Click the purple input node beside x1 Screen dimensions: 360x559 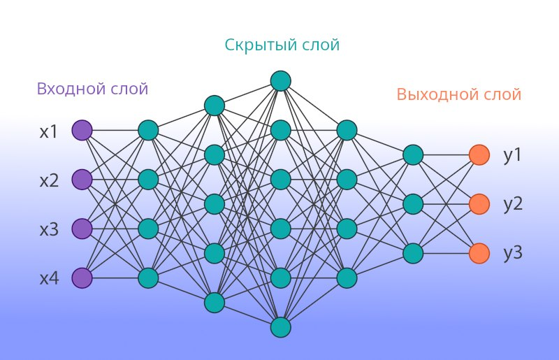[x=82, y=131]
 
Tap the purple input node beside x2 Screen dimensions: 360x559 [x=82, y=180]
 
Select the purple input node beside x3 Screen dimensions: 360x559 [x=82, y=229]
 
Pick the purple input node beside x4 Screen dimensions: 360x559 [x=82, y=278]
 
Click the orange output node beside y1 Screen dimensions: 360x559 [x=479, y=154]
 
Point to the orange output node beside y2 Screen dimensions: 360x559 [x=479, y=204]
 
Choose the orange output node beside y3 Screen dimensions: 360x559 [x=479, y=253]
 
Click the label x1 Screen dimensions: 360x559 [x=48, y=131]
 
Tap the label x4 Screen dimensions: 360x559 [x=48, y=279]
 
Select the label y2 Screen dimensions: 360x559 [x=513, y=204]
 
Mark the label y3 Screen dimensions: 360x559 [x=513, y=253]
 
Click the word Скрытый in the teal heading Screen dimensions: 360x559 [x=253, y=45]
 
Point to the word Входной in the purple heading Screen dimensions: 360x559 [x=68, y=89]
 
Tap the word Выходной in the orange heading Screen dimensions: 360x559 [x=432, y=94]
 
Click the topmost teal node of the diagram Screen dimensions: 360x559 [x=280, y=80]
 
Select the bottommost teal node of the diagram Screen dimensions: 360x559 [x=280, y=327]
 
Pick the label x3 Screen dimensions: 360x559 [x=48, y=229]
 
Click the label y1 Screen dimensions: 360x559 [x=513, y=155]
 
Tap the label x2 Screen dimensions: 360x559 [x=48, y=180]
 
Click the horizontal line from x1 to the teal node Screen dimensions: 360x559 [x=115, y=131]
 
